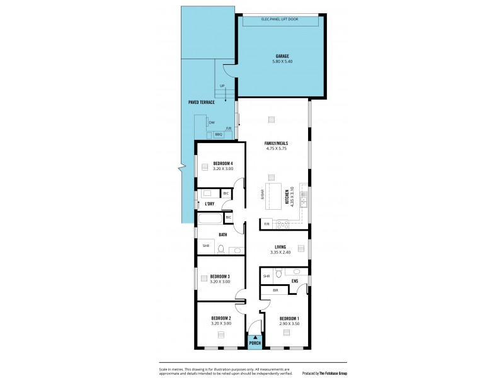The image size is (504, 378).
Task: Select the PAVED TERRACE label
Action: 202,101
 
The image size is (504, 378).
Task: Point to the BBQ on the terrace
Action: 219,134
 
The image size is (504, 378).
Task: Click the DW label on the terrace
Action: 212,122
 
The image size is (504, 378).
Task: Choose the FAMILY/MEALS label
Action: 276,144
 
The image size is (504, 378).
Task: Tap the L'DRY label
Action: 209,203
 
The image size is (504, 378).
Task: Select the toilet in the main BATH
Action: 220,249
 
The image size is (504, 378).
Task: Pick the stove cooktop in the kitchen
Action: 281,223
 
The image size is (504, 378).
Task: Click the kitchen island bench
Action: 274,197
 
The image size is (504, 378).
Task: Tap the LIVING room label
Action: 280,246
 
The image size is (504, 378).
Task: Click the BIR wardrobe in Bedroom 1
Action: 275,290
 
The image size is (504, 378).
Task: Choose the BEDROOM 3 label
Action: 220,276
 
